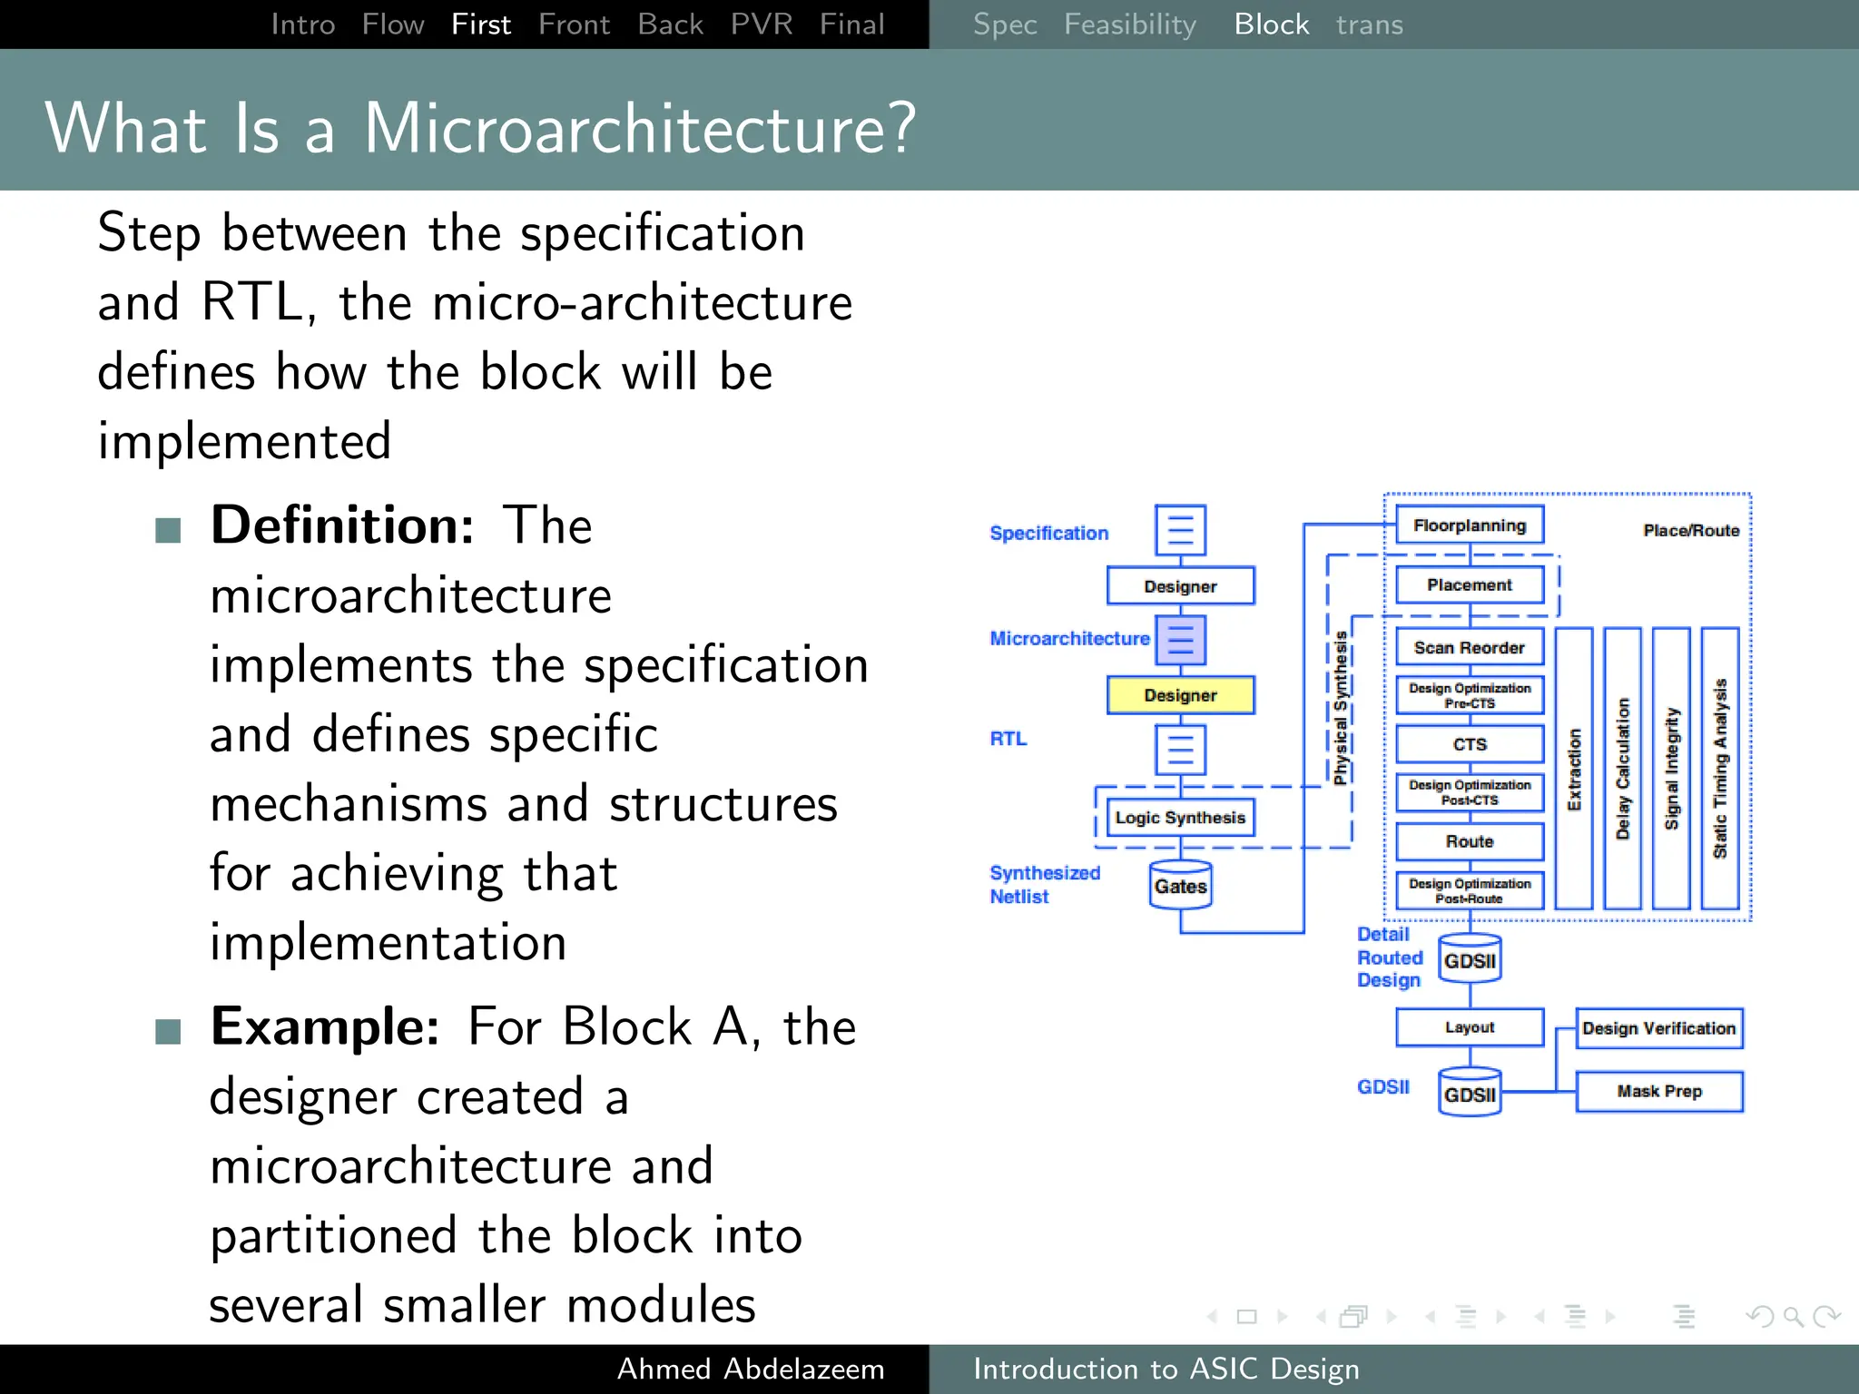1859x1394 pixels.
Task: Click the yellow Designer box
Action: pyautogui.click(x=1180, y=695)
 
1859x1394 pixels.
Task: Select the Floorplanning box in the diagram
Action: pyautogui.click(x=1469, y=525)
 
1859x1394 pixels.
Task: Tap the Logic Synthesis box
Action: pyautogui.click(x=1180, y=818)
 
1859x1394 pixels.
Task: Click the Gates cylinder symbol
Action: pyautogui.click(x=1180, y=886)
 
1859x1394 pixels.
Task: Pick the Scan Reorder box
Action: pyautogui.click(x=1469, y=647)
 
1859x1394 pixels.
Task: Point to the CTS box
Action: pyautogui.click(x=1469, y=744)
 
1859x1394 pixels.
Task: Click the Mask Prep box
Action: pyautogui.click(x=1658, y=1091)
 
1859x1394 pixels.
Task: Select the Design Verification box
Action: pyautogui.click(x=1658, y=1028)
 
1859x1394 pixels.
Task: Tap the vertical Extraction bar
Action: pyautogui.click(x=1574, y=769)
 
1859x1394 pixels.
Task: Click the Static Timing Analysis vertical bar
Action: pyautogui.click(x=1719, y=769)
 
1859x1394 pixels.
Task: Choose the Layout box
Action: pyautogui.click(x=1469, y=1027)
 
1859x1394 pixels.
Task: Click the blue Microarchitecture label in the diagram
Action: pyautogui.click(x=1069, y=638)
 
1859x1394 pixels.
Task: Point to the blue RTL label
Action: pyautogui.click(x=1008, y=739)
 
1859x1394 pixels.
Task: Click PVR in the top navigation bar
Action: pyautogui.click(x=761, y=25)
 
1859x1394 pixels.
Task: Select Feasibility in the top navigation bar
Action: pyautogui.click(x=1129, y=25)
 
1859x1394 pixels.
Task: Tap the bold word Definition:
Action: pyautogui.click(x=342, y=525)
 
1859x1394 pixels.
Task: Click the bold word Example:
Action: pyautogui.click(x=325, y=1026)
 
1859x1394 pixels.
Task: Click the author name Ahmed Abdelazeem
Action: pyautogui.click(x=750, y=1369)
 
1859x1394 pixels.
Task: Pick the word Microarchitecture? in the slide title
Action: pyautogui.click(x=640, y=128)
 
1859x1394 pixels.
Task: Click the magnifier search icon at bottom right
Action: pyautogui.click(x=1793, y=1316)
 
